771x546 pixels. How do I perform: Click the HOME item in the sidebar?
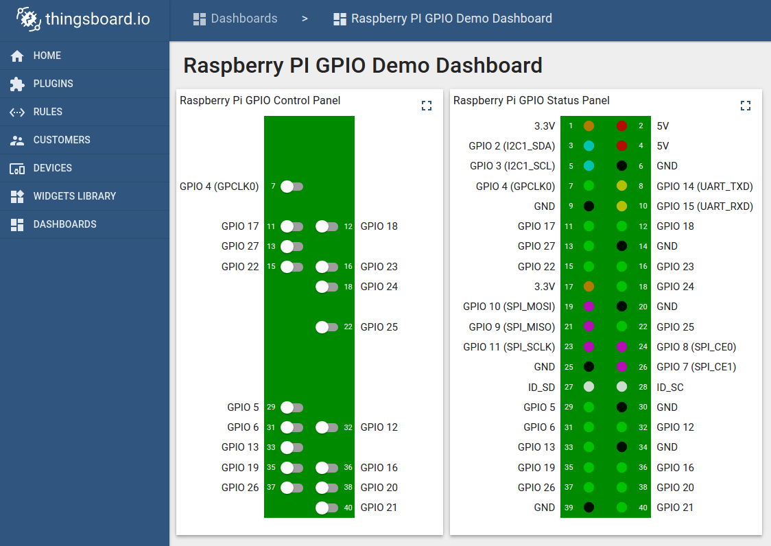[x=47, y=56]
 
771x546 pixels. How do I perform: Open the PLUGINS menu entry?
[x=53, y=84]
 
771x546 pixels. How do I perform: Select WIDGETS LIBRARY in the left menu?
[x=74, y=196]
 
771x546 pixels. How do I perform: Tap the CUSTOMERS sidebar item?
[x=61, y=140]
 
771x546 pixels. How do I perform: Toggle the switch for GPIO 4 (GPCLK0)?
[x=292, y=187]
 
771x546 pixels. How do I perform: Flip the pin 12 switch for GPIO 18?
[x=327, y=226]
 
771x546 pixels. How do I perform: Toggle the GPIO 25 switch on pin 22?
[x=327, y=327]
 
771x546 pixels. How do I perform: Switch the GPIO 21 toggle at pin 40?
[x=327, y=508]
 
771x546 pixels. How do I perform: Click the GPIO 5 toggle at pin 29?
[x=292, y=407]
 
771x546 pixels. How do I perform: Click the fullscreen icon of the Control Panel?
[x=427, y=106]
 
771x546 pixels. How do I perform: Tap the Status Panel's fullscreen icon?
[x=746, y=106]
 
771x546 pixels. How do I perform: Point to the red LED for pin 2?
[x=621, y=126]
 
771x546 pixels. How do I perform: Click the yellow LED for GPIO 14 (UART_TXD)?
[x=621, y=186]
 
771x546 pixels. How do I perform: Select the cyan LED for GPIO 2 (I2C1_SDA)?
[x=589, y=146]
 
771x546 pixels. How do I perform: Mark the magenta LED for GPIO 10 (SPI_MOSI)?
[x=589, y=307]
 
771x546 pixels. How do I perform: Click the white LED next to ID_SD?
[x=589, y=387]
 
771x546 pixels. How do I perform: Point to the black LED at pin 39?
[x=589, y=508]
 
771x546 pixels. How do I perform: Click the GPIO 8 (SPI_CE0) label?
[x=696, y=347]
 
